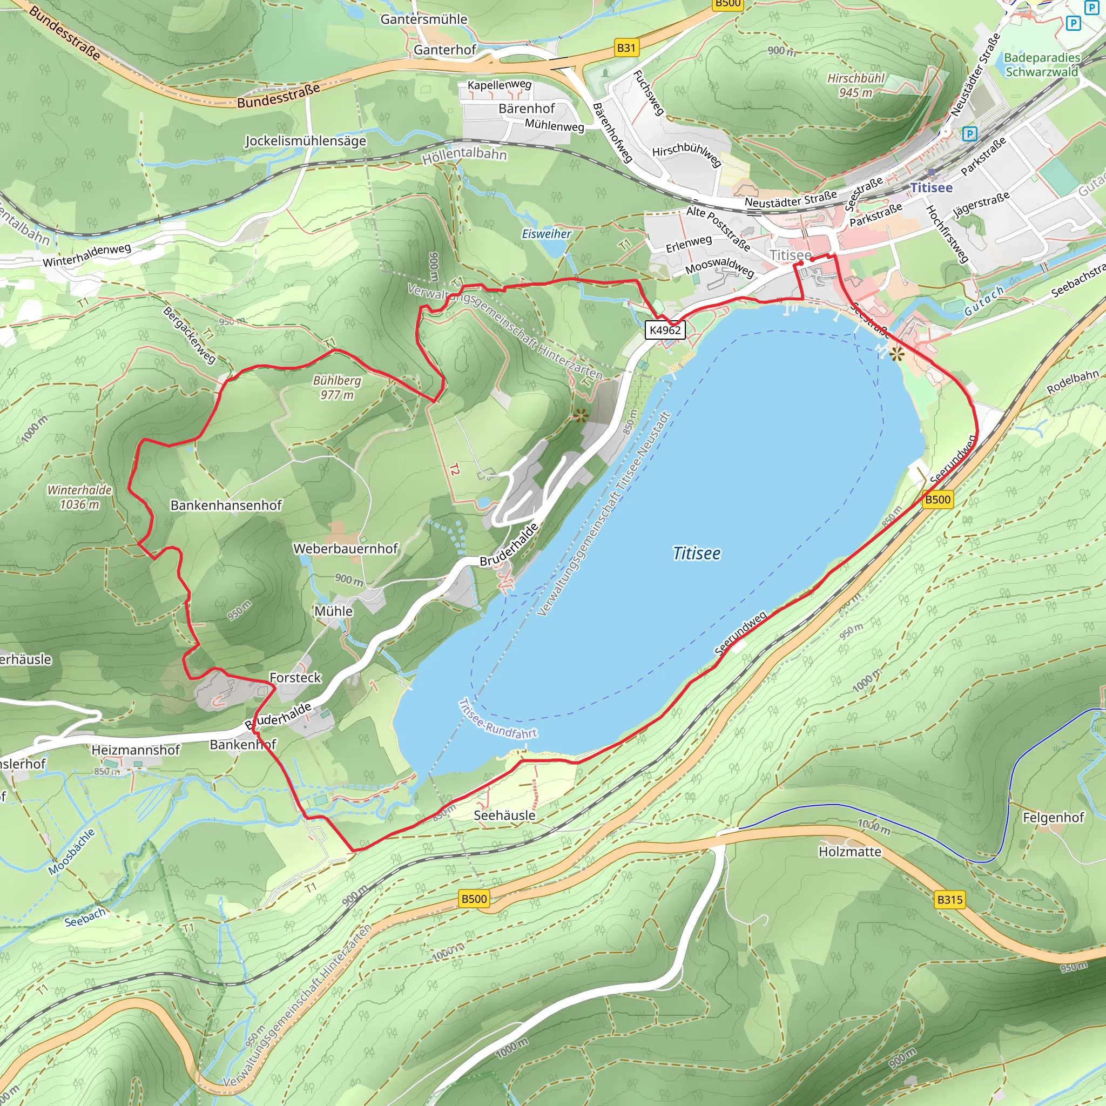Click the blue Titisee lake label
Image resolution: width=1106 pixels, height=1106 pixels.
(696, 554)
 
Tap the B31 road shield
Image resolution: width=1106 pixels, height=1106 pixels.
(626, 48)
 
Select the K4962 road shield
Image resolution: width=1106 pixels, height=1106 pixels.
(665, 330)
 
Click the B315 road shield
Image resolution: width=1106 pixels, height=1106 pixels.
(950, 899)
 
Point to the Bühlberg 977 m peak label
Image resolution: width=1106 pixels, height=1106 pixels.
(336, 388)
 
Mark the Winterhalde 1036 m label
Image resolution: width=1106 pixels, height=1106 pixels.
(79, 497)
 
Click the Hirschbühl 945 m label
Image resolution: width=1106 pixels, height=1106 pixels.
(855, 85)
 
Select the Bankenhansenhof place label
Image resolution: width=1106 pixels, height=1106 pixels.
(226, 505)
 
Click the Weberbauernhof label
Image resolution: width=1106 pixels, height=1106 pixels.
(345, 549)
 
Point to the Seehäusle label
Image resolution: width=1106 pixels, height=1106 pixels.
(504, 815)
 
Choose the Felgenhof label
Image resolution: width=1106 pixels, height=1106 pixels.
(1053, 818)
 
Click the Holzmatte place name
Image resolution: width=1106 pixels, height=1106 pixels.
(849, 852)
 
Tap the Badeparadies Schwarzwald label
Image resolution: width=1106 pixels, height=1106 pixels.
(1041, 65)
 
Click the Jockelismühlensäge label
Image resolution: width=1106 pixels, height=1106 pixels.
(305, 140)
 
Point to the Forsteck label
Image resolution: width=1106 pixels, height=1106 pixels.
(295, 677)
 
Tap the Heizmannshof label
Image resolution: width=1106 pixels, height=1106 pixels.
(136, 750)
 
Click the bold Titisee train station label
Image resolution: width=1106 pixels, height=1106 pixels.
(932, 188)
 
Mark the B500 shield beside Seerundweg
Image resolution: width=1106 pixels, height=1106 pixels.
(938, 499)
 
